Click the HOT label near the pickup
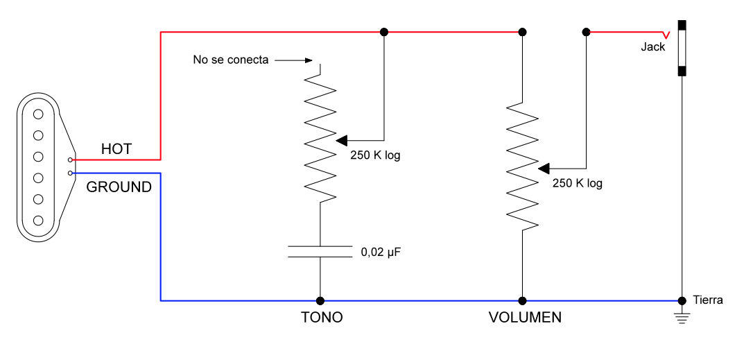[x=116, y=149]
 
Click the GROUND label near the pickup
[x=119, y=187]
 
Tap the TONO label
[x=322, y=318]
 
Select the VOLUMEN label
[x=525, y=318]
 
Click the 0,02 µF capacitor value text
[x=381, y=252]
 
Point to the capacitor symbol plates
[x=320, y=251]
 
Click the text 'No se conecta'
[x=230, y=60]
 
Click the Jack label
[x=652, y=47]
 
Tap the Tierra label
[x=708, y=300]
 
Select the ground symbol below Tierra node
[x=683, y=318]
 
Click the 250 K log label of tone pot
[x=375, y=155]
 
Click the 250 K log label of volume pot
[x=577, y=184]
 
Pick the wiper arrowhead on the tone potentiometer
[x=342, y=141]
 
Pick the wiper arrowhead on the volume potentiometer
[x=544, y=169]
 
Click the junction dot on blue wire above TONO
[x=320, y=301]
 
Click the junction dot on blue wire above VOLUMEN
[x=522, y=301]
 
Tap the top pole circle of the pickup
[x=39, y=113]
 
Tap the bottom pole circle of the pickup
[x=39, y=221]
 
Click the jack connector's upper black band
[x=683, y=26]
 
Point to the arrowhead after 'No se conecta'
[x=308, y=60]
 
